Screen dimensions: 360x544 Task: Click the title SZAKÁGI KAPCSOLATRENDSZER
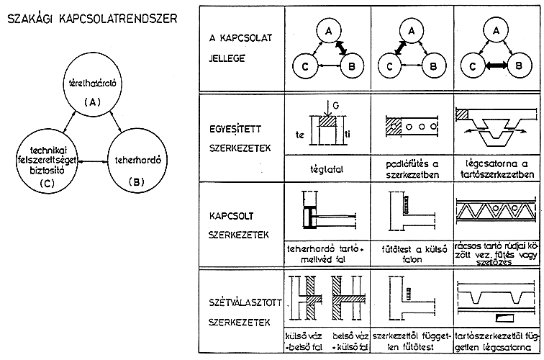[91, 17]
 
